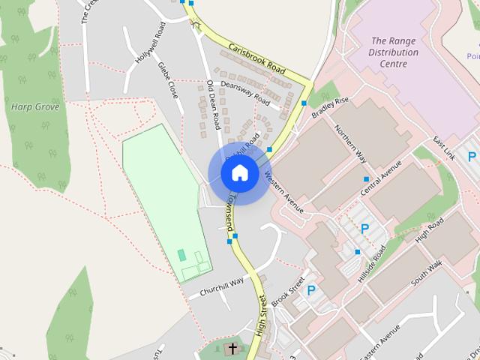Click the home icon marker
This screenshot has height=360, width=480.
coord(239,173)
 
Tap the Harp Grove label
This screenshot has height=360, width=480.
coord(30,106)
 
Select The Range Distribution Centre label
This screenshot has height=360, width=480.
coord(394,52)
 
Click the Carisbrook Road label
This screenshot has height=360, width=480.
coord(259,56)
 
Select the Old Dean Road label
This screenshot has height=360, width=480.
coord(214,103)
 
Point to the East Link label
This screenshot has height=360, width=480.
coord(444,149)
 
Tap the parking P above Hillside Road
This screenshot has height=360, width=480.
coord(365,228)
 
